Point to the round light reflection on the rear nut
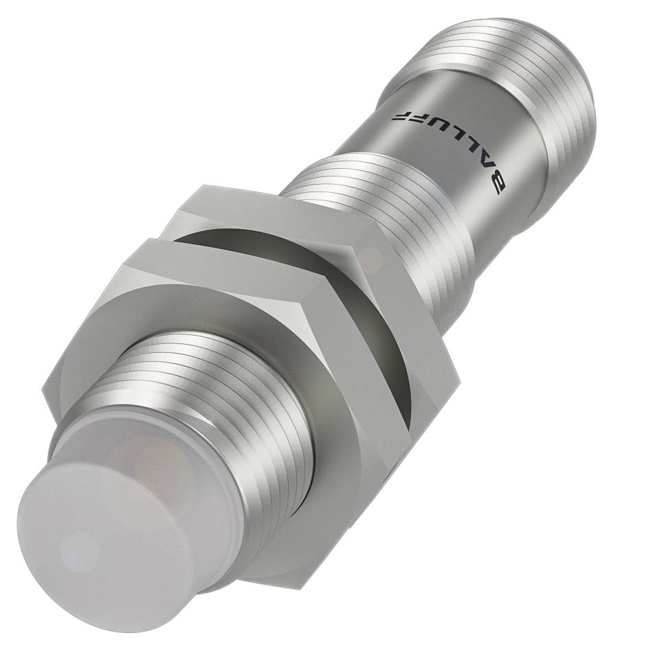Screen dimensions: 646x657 click(x=371, y=259)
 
